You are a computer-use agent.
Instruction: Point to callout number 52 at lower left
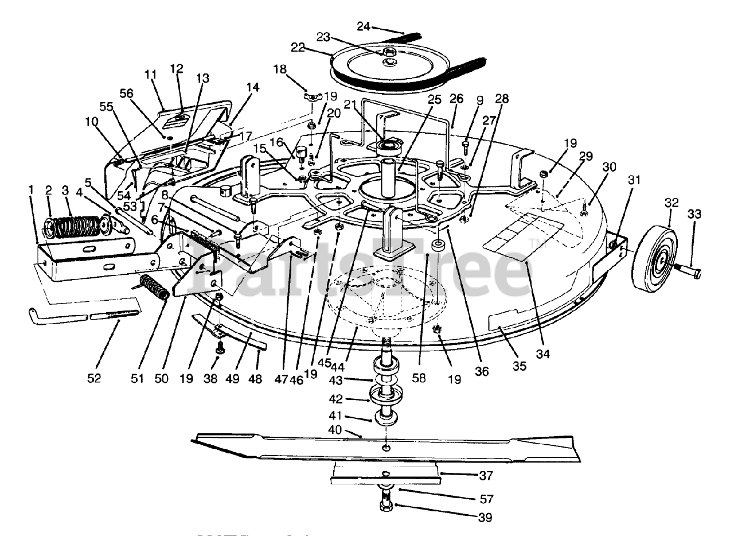[x=94, y=378]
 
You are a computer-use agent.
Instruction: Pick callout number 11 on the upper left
[x=150, y=75]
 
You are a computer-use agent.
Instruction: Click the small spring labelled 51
[x=154, y=287]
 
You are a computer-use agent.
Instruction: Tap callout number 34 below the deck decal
[x=542, y=355]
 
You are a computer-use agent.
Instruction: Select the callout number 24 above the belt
[x=364, y=26]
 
